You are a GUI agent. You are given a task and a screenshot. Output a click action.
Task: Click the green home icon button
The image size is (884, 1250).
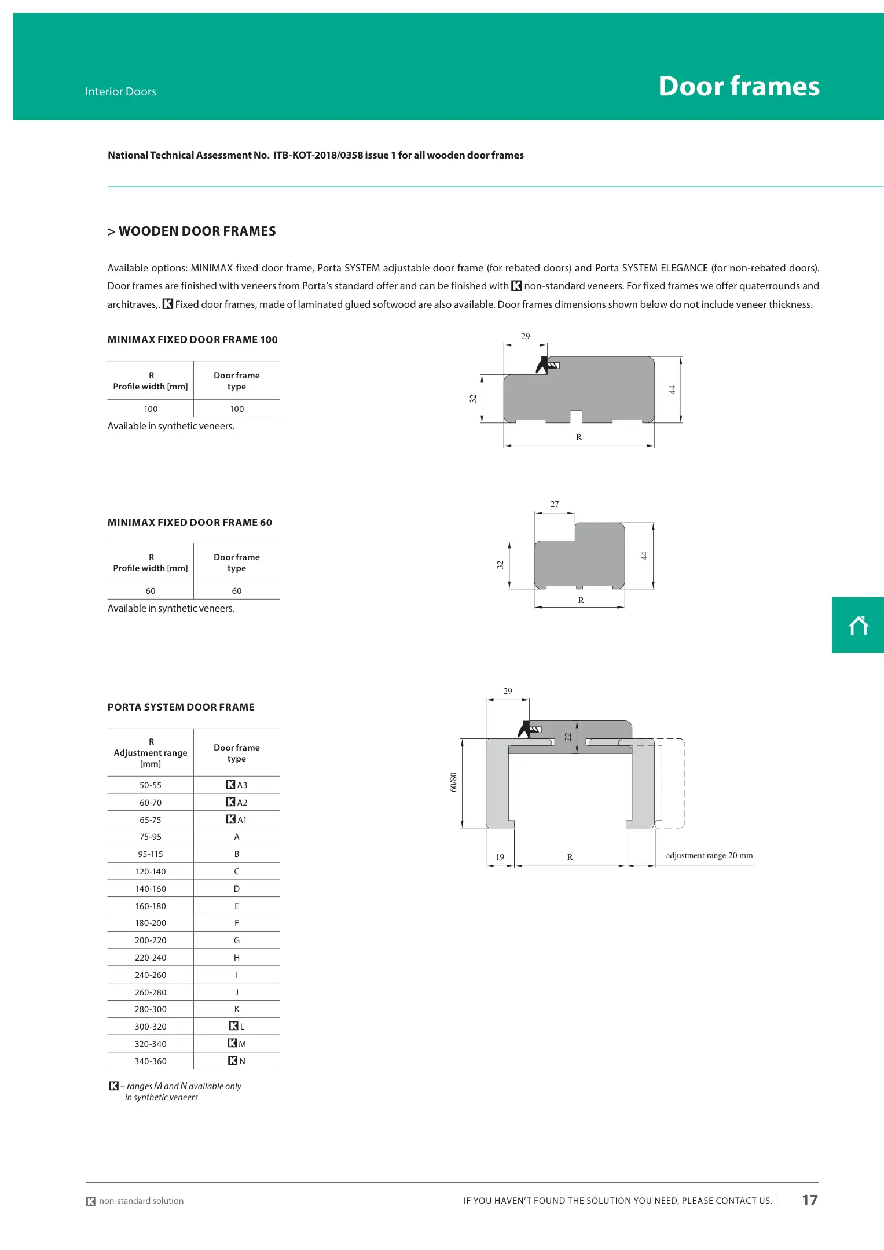point(858,625)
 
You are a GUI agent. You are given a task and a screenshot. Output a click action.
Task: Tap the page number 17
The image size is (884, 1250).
point(809,1200)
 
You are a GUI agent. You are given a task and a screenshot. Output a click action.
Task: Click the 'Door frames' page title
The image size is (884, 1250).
point(739,86)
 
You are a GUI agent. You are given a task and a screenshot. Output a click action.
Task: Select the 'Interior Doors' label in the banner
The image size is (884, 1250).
point(120,91)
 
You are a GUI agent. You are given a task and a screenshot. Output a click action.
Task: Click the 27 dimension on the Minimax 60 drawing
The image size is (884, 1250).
point(555,504)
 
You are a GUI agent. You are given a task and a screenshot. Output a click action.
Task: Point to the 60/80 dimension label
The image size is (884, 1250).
point(453,782)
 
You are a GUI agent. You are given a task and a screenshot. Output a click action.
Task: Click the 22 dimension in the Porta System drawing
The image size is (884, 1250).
point(568,737)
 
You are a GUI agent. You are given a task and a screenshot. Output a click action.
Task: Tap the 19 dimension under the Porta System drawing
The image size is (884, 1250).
point(500,857)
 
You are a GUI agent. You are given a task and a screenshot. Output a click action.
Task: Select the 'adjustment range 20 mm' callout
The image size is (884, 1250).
point(709,855)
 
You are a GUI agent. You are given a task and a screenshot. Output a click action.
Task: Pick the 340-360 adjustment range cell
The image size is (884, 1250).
point(151,1061)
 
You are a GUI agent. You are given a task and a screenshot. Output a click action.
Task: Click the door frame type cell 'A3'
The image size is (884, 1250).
point(237,785)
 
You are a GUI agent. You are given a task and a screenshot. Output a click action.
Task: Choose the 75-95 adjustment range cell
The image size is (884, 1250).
point(151,836)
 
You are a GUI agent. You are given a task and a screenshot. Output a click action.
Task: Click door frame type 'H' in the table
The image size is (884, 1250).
point(237,957)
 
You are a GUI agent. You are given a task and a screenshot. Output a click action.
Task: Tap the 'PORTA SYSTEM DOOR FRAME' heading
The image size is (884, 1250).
point(181,707)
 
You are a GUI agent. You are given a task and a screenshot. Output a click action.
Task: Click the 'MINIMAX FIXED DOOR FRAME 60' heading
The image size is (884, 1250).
point(190,523)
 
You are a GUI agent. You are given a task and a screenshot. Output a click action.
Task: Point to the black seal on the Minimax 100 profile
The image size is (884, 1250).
point(542,365)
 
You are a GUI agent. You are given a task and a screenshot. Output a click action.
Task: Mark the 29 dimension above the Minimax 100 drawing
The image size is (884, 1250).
point(526,336)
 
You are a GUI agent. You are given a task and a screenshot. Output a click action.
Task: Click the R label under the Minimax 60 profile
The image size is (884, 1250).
point(581,600)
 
